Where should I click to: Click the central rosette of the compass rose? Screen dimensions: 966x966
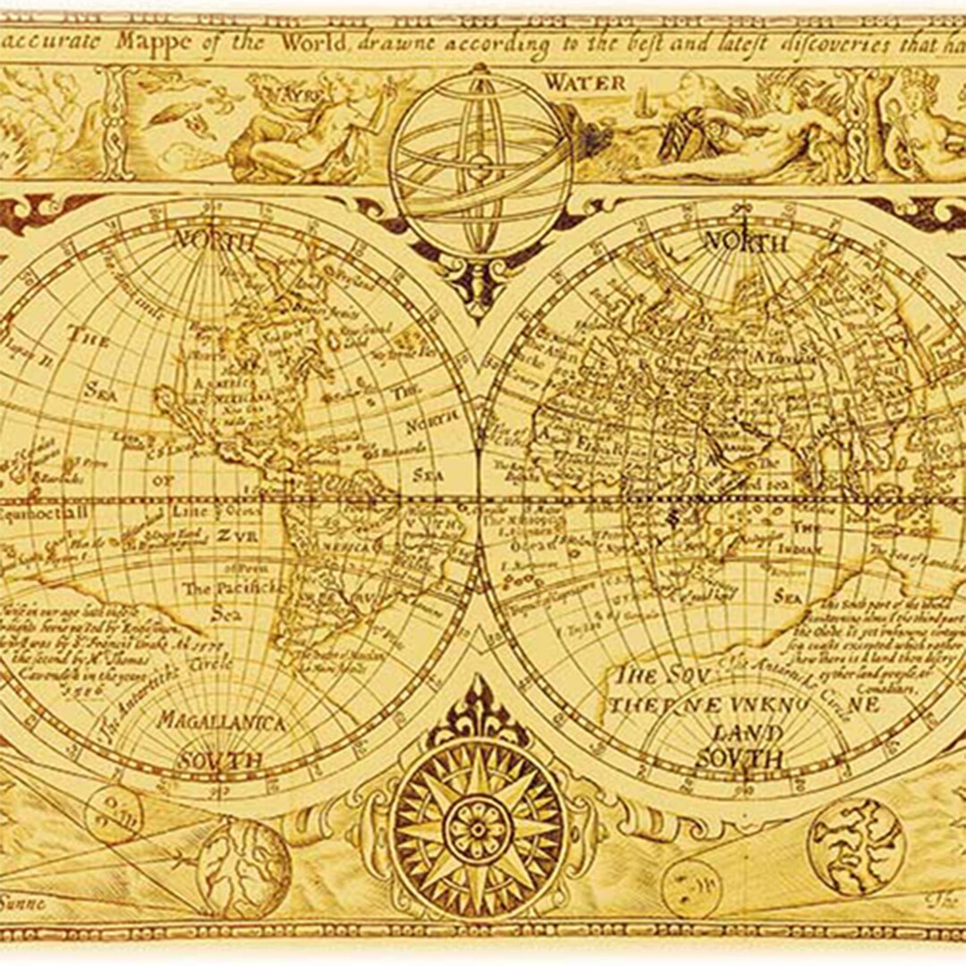point(478,828)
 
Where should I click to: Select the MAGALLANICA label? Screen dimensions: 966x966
point(222,721)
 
